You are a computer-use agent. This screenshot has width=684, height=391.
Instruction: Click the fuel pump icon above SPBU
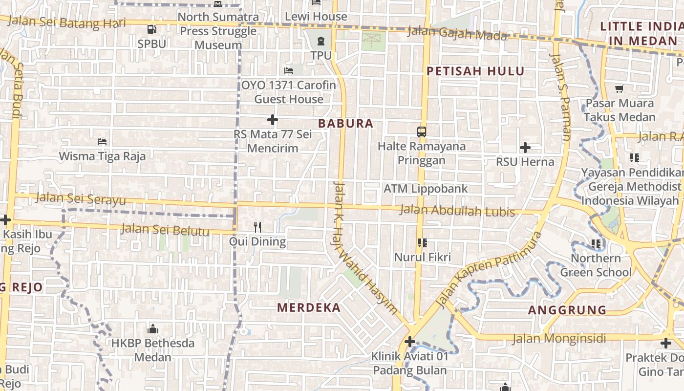coord(151,29)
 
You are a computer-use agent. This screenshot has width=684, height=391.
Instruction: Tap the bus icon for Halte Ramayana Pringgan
coord(422,131)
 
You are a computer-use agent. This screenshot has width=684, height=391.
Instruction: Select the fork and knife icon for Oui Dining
coord(257,227)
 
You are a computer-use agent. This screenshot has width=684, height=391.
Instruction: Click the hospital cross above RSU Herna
coord(525,147)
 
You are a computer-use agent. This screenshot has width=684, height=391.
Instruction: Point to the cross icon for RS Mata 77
coord(273,120)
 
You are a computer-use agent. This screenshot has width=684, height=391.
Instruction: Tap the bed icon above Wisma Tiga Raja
coord(102,142)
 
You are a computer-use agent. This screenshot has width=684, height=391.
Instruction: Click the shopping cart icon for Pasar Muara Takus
coord(620,88)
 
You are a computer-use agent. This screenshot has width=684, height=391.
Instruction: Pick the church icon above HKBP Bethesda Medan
coord(153,328)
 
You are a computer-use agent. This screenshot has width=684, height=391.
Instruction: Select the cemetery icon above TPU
coord(321,41)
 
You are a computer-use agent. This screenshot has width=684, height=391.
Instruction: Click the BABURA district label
coord(345,124)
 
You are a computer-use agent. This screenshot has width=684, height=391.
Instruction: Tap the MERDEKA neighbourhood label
coord(309,307)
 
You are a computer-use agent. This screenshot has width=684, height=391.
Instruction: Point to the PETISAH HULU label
coord(475,71)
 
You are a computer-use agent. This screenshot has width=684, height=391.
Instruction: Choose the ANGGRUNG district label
coord(567,310)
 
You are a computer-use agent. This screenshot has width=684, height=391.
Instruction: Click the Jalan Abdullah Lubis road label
coord(457,211)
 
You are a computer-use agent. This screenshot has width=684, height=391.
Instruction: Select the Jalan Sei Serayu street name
coord(81,198)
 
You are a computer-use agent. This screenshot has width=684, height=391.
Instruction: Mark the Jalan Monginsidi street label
coord(559,338)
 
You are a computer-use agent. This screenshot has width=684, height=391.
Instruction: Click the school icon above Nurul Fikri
coord(423,242)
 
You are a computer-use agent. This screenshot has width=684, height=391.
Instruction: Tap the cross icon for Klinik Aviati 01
coord(410,341)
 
